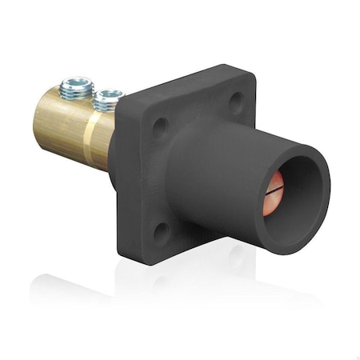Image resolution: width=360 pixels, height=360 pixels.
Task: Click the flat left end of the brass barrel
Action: tap(40, 120)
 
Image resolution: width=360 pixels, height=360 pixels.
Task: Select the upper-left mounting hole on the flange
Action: tap(160, 126)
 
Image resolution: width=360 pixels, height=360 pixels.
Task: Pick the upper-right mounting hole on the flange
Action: tap(235, 102)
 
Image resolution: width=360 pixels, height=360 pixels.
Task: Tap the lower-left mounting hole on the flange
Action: tap(161, 232)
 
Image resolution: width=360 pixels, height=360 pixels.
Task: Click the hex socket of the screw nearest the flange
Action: tap(107, 96)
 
